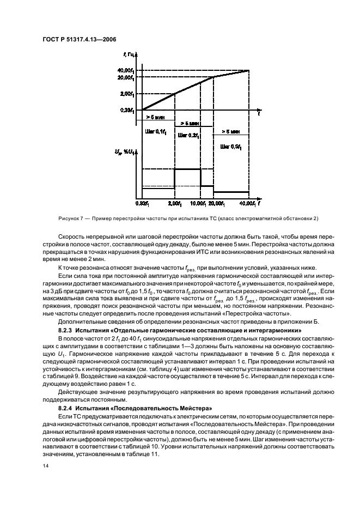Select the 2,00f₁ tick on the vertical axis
129,94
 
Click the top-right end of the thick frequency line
249,70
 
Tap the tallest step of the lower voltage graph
187,169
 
